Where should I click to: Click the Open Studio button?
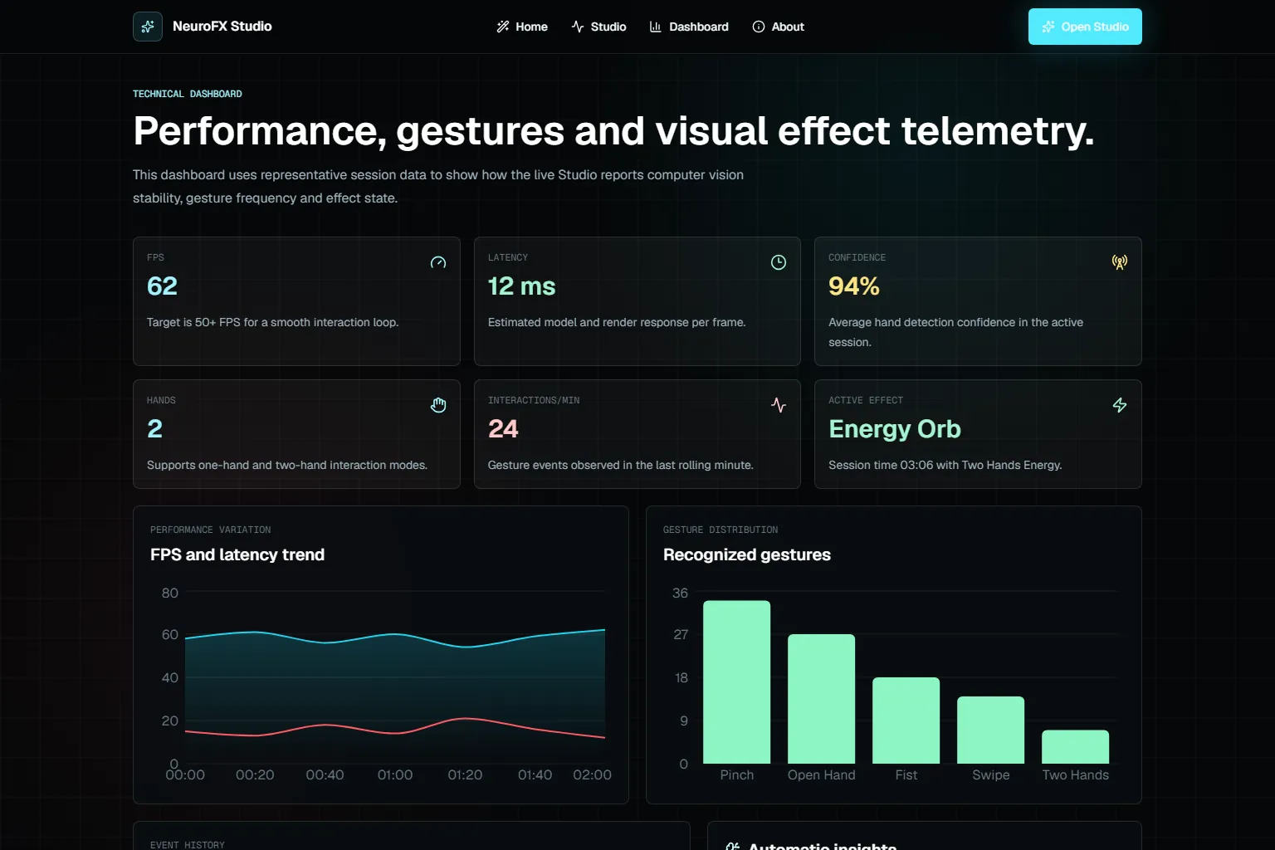[x=1084, y=27]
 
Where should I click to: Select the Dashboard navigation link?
[x=689, y=27]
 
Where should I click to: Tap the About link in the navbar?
[x=778, y=27]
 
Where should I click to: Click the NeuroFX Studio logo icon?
[x=148, y=27]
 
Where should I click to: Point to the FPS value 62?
[x=162, y=286]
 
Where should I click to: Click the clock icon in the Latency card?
[x=778, y=261]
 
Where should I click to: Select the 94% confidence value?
[x=854, y=286]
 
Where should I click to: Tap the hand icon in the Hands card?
[x=437, y=405]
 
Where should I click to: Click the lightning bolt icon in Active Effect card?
[x=1119, y=405]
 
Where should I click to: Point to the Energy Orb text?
[x=894, y=428]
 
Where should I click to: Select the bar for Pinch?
[x=736, y=682]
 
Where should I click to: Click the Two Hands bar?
[x=1075, y=747]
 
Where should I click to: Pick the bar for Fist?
[x=906, y=721]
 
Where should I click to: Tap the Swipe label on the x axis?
[x=990, y=774]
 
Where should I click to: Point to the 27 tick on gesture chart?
[x=681, y=634]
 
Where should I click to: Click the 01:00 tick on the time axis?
[x=395, y=774]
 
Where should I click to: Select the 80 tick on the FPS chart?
[x=169, y=593]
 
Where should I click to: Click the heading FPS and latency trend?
[x=237, y=554]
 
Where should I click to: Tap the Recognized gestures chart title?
[x=747, y=554]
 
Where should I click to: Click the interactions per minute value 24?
[x=503, y=428]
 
